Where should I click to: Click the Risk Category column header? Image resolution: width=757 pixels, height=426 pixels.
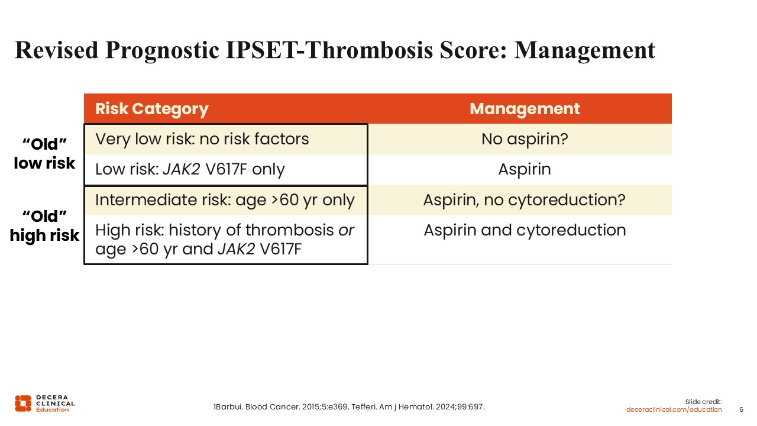tap(152, 109)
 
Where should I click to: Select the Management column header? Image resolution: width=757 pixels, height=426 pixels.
tap(525, 109)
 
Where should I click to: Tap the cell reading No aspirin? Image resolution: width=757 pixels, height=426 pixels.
tap(525, 139)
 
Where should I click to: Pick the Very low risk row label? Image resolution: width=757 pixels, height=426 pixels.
tap(202, 139)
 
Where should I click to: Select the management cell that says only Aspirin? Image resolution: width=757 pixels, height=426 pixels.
tap(525, 169)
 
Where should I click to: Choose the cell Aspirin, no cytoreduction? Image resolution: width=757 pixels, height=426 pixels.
tap(525, 200)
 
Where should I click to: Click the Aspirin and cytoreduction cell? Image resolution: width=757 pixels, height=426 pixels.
tap(525, 230)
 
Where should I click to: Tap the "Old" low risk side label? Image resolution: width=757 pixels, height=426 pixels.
tap(44, 153)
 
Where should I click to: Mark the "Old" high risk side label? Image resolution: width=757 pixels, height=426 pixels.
tap(44, 226)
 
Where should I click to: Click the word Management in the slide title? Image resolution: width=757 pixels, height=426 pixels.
tap(585, 50)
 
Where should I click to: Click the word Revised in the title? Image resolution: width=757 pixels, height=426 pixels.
tap(56, 50)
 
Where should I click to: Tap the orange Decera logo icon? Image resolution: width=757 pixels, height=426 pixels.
tap(23, 404)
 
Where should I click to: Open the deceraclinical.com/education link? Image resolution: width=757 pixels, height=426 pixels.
tap(674, 409)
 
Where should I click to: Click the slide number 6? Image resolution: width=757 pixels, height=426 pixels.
tap(741, 409)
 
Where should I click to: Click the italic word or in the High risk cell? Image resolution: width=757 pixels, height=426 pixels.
tap(346, 231)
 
